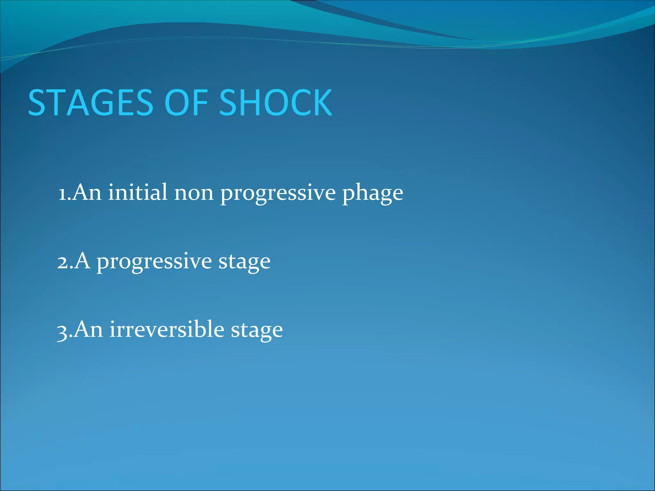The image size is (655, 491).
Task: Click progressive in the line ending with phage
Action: (278, 193)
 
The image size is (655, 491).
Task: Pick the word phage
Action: (373, 193)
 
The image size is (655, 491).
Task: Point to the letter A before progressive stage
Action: (82, 261)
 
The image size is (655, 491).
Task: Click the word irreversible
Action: (167, 329)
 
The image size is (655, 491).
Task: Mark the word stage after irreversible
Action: (257, 331)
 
